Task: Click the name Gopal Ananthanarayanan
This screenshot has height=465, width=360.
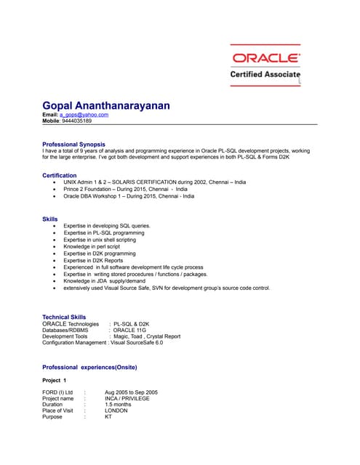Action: click(x=106, y=105)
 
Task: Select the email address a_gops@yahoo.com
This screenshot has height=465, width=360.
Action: click(x=84, y=115)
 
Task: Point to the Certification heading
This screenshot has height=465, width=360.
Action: click(x=60, y=176)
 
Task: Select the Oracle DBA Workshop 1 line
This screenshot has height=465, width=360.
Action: click(x=129, y=196)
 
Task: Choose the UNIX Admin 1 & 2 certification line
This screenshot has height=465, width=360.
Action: click(x=154, y=182)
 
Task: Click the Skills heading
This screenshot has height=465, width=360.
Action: click(x=50, y=219)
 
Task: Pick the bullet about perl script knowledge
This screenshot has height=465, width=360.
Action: click(x=92, y=247)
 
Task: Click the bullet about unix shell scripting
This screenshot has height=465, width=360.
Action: click(x=100, y=240)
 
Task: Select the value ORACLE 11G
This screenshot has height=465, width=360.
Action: click(x=132, y=331)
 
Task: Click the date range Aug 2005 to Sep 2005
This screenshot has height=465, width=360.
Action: click(x=131, y=392)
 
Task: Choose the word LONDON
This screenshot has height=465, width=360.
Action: click(x=116, y=411)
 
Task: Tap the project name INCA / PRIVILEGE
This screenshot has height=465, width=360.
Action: click(x=127, y=398)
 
